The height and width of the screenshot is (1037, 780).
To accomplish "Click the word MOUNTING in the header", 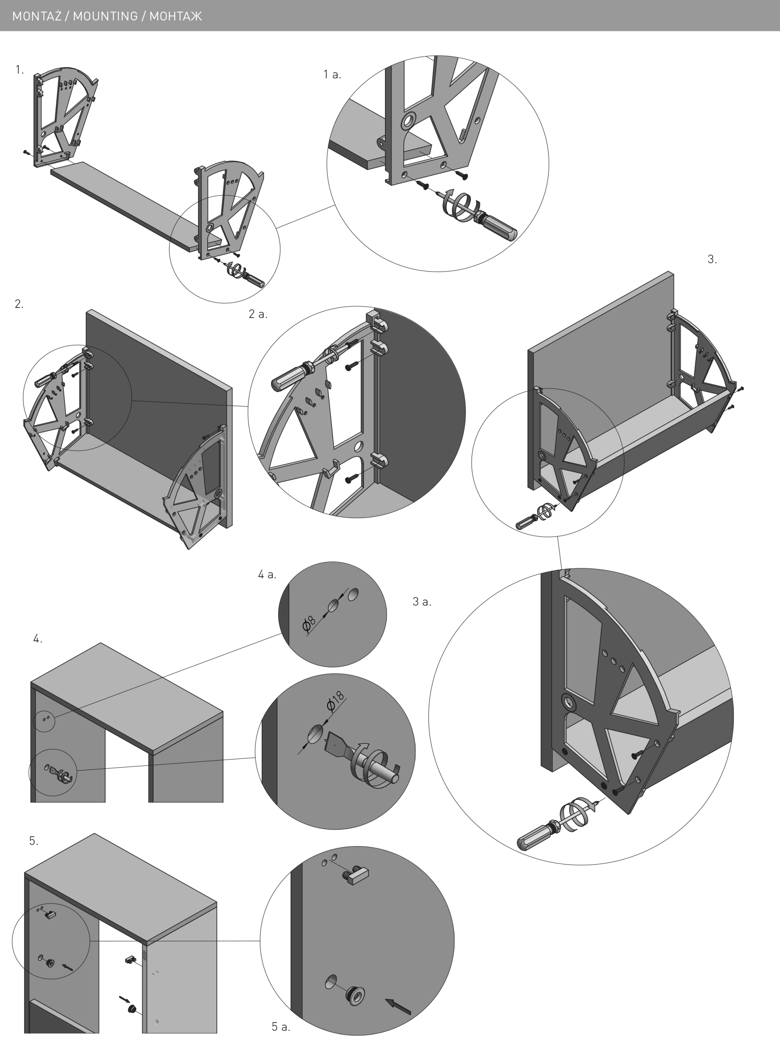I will click(105, 17).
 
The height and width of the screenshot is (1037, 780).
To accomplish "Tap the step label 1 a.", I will click(332, 74).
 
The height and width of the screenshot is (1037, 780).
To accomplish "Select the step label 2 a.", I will click(258, 314).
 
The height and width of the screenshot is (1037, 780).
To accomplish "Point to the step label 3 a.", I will click(422, 602).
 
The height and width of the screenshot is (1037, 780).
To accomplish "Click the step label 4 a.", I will click(267, 574).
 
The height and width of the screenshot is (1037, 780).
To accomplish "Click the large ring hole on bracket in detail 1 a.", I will click(408, 122).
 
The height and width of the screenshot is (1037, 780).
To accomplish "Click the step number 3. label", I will click(712, 259).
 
